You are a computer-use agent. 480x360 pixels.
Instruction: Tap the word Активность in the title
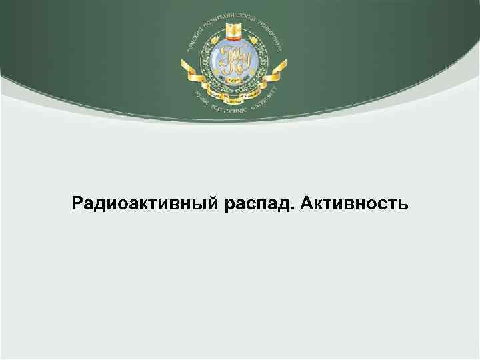(x=354, y=201)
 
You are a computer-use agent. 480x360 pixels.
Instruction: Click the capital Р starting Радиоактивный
(x=77, y=201)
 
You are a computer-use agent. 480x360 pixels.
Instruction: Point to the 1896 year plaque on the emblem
(x=234, y=79)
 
